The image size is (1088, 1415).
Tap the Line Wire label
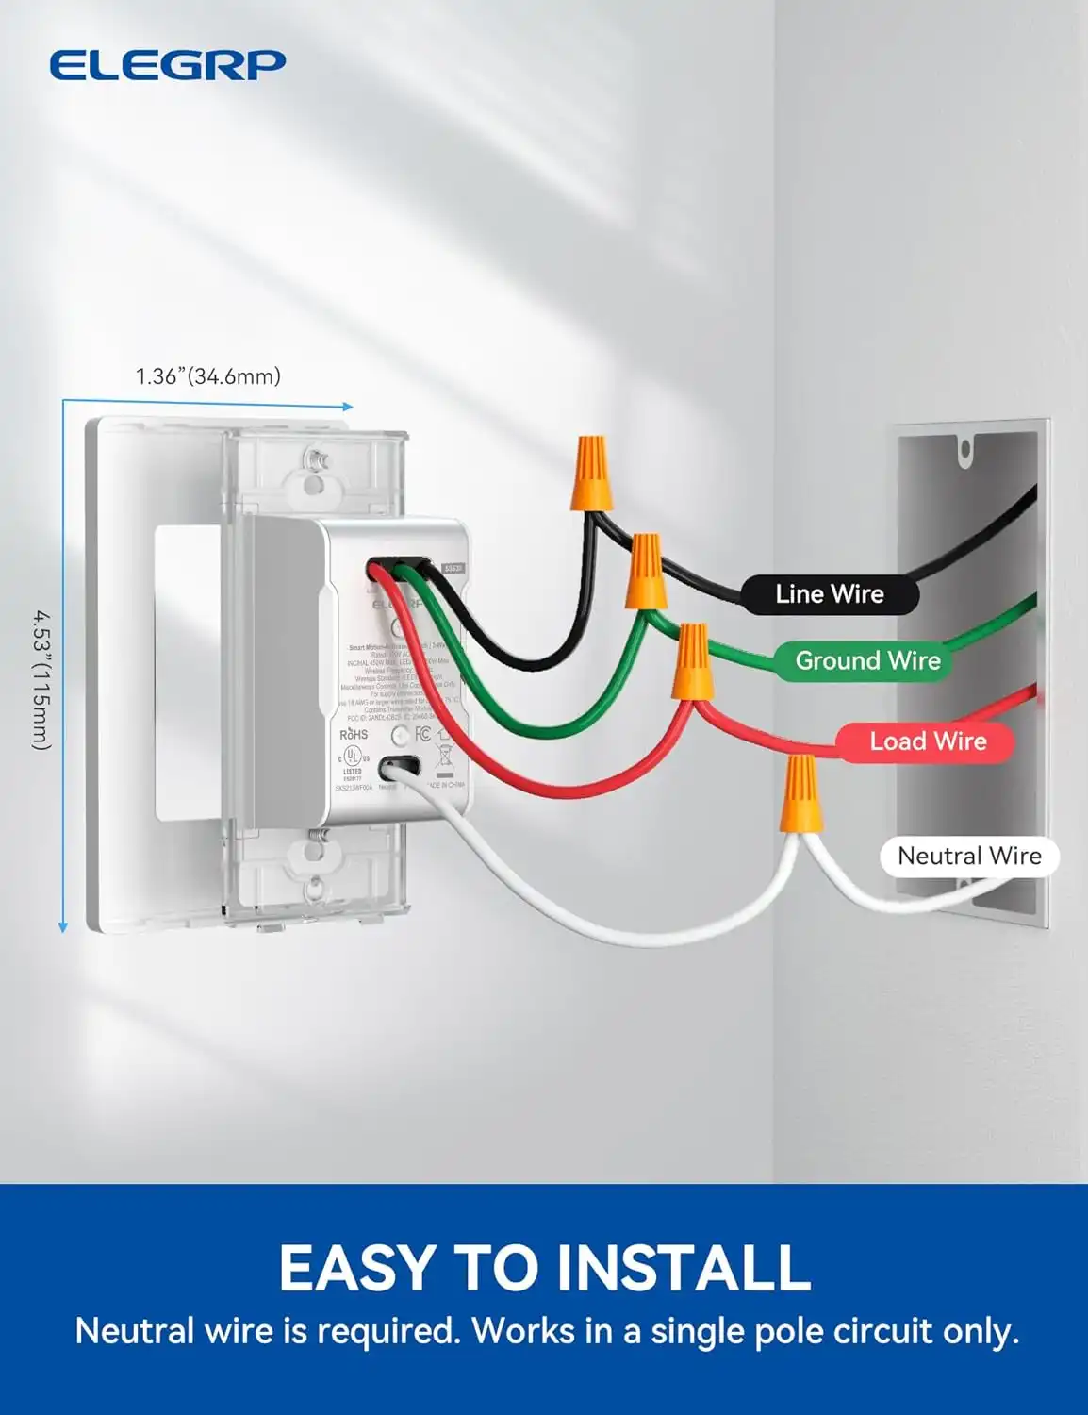point(830,594)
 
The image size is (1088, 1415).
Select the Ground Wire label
point(867,661)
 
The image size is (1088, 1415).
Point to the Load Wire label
point(928,741)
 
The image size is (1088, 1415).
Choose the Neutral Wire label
point(969,857)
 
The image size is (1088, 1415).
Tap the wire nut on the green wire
point(647,571)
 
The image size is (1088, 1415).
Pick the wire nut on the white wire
point(800,794)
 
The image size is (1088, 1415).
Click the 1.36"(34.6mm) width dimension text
point(208,376)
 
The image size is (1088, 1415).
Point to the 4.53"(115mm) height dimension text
point(41,679)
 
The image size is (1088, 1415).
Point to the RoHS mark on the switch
point(354,734)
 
